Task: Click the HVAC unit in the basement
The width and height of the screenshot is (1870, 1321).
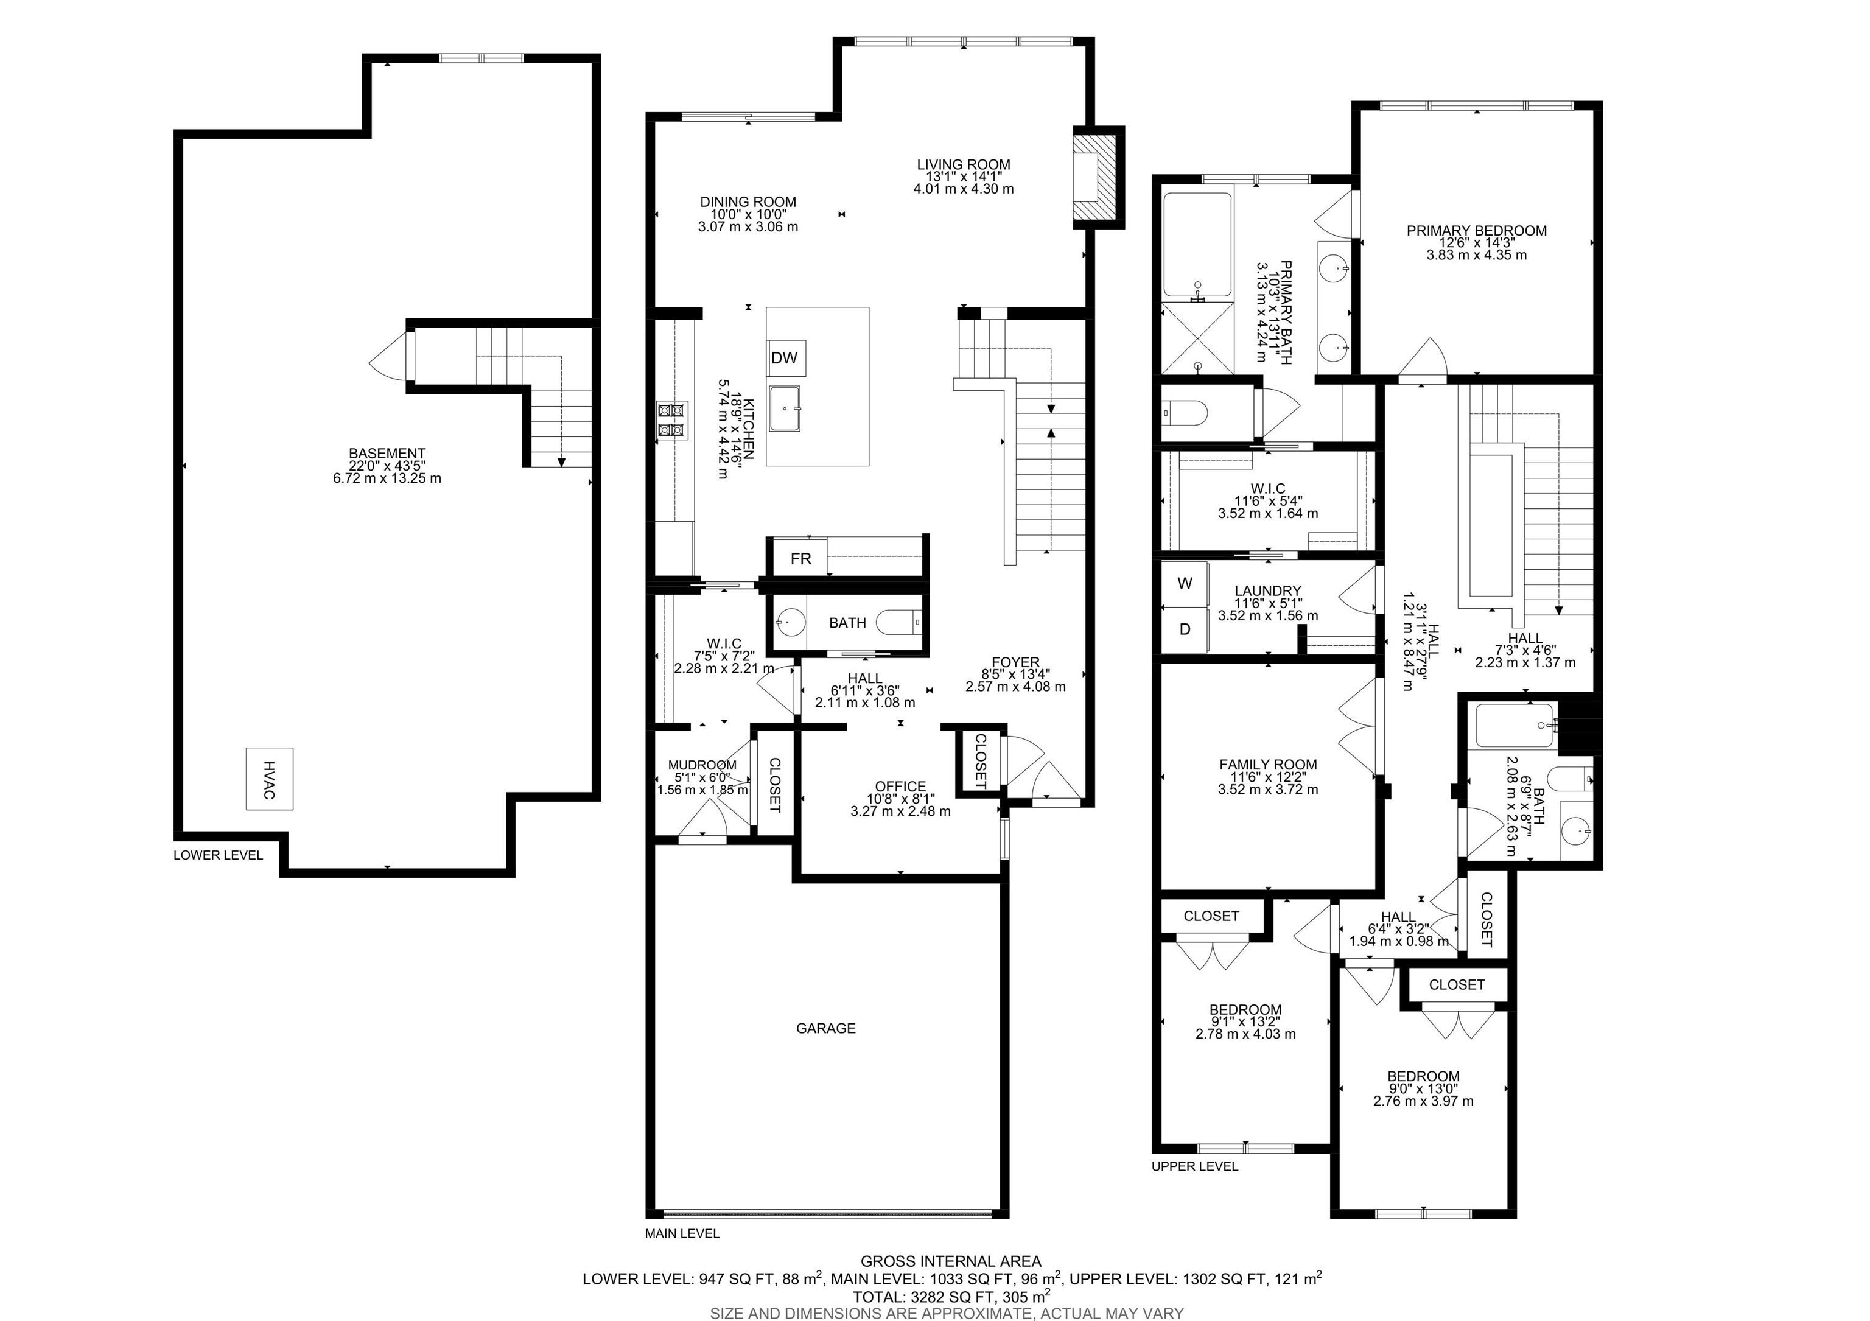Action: coord(270,779)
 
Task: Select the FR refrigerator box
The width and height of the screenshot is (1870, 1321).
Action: coord(800,559)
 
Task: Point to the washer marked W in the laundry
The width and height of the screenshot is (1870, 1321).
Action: coord(1185,583)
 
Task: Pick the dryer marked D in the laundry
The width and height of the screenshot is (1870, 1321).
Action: coord(1185,629)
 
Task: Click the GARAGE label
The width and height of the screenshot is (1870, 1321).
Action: coord(826,1029)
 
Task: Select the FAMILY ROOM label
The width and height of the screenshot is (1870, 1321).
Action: coord(1268,765)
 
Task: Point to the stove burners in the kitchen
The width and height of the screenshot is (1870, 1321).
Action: coord(673,419)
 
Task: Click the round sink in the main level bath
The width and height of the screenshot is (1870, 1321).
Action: coord(790,623)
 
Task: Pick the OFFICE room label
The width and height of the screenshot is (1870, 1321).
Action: coord(901,787)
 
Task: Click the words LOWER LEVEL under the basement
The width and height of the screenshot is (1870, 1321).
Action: coord(219,855)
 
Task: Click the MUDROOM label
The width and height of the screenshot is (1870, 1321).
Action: coord(702,766)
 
